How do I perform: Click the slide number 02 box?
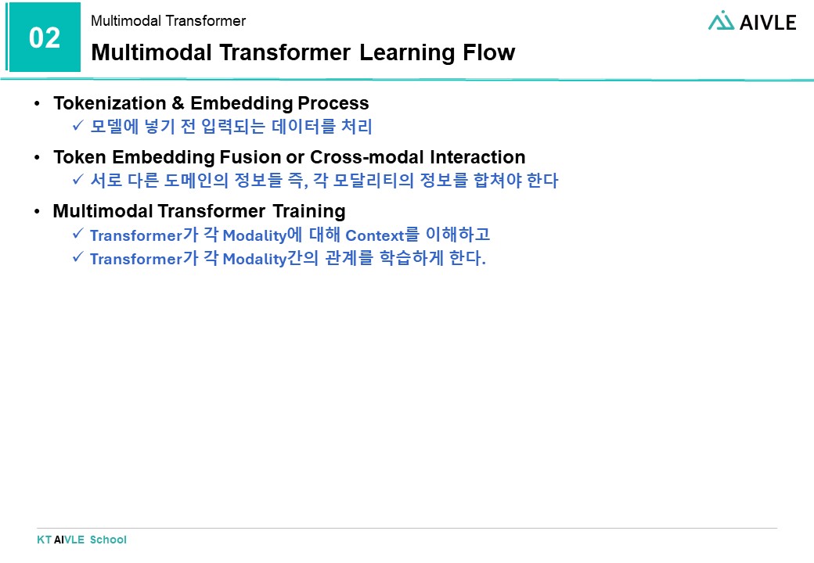pos(45,38)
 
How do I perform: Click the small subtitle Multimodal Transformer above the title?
pos(168,21)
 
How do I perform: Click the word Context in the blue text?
pos(373,235)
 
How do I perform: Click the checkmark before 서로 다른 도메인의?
pos(77,181)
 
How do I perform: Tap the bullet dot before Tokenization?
pos(38,104)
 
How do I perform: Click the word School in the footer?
pos(108,540)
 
